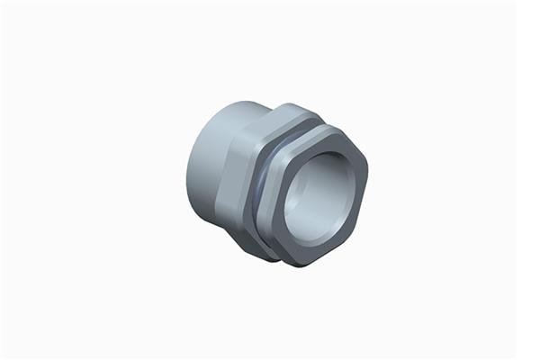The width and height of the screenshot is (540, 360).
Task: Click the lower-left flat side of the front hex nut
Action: pyautogui.click(x=280, y=247)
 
